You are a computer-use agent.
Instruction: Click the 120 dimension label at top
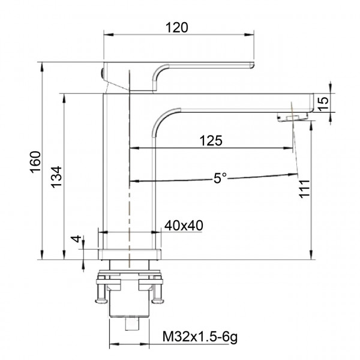(x=178, y=27)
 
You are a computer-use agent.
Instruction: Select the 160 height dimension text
(x=35, y=160)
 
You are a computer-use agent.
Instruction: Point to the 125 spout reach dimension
(x=211, y=140)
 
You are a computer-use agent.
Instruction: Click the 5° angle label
(x=221, y=178)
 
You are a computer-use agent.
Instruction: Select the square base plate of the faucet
(x=130, y=254)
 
